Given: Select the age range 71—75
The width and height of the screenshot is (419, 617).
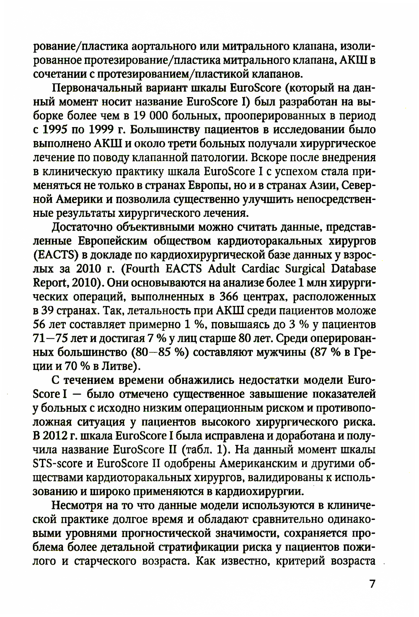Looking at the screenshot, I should coord(50,339).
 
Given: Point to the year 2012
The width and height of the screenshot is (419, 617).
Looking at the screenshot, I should coord(55,436).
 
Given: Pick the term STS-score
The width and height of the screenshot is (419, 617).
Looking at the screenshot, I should coord(62,464).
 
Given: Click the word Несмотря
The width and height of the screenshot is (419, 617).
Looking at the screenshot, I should coord(75,506).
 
